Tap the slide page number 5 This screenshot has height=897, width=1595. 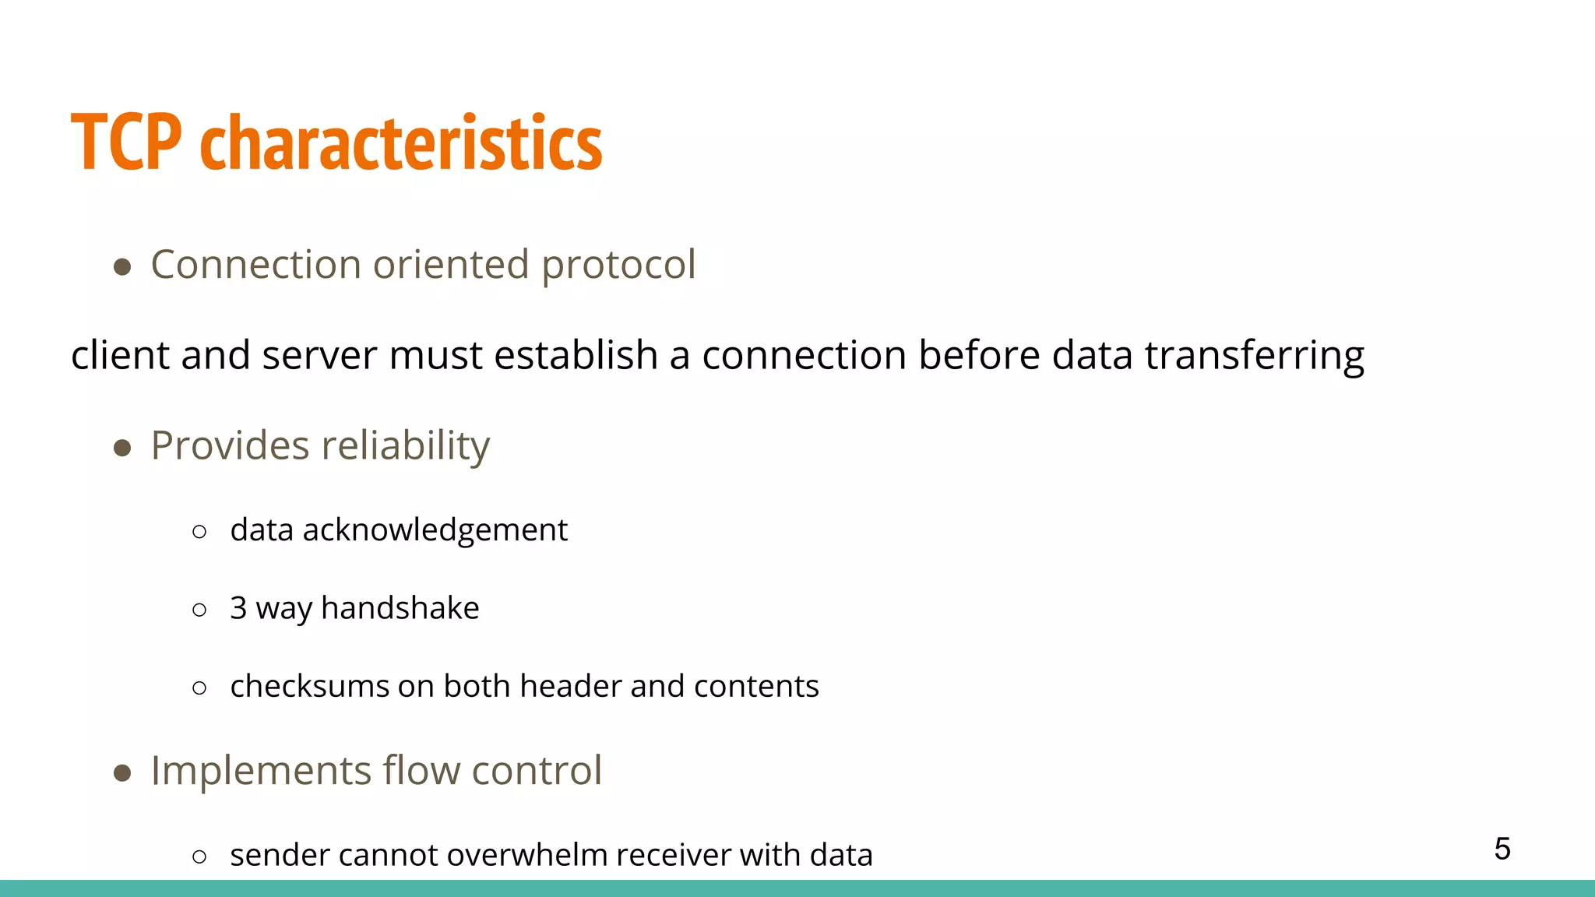tap(1502, 849)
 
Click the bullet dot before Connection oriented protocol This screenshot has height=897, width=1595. tap(122, 267)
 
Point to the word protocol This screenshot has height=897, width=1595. tap(618, 266)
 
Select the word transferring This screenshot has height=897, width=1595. tap(1254, 355)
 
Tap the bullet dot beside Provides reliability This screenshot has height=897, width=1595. tap(122, 448)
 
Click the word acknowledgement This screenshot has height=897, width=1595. tap(435, 530)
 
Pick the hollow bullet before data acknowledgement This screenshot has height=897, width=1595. tap(199, 532)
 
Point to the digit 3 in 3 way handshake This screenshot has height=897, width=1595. tap(238, 608)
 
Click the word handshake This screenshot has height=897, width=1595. tap(400, 608)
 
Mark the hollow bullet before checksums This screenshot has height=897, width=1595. tap(199, 688)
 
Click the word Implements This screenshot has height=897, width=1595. tap(261, 771)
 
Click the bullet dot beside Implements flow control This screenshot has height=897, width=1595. tap(122, 773)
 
